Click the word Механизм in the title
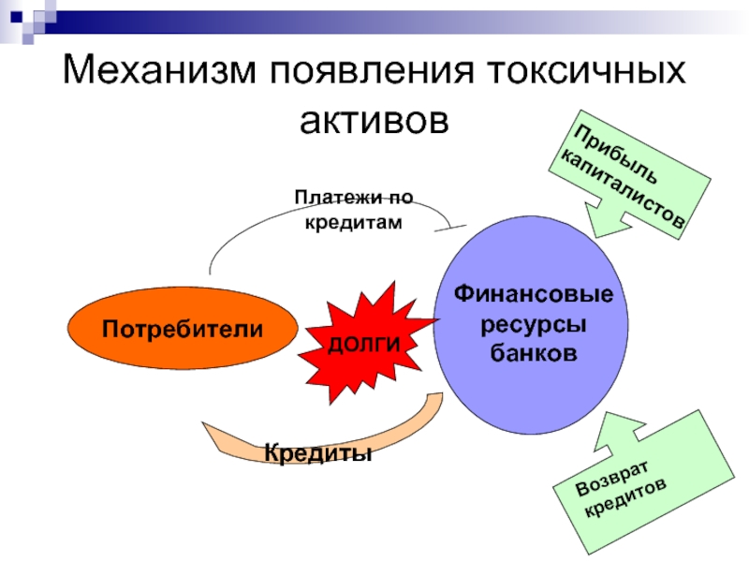[158, 73]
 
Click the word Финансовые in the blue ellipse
[534, 294]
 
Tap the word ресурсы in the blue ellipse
[534, 325]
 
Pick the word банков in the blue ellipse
[534, 355]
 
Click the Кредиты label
[318, 452]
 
